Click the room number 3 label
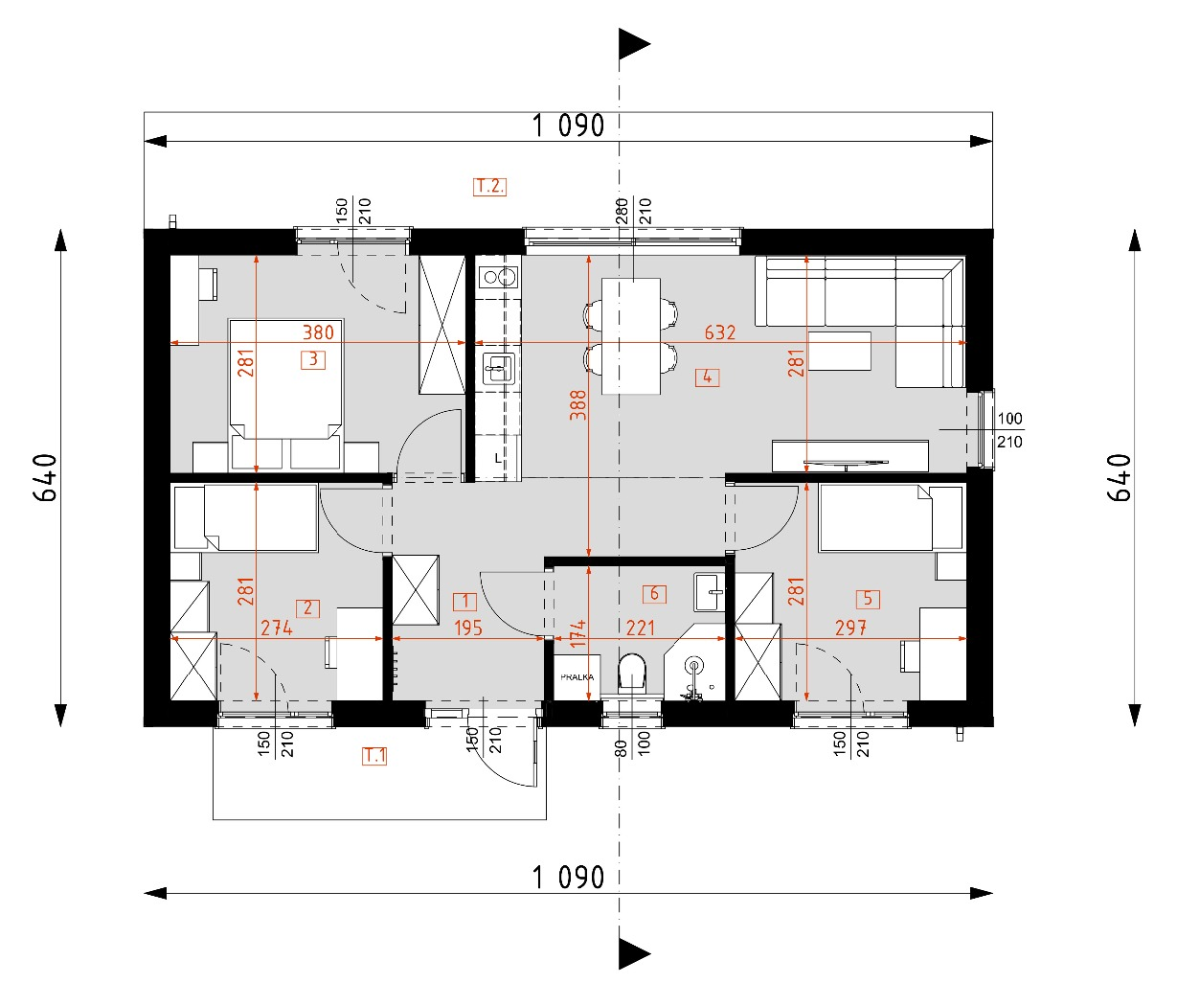[x=312, y=360]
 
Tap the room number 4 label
[x=707, y=377]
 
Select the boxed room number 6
[x=655, y=594]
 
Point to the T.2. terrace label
[x=489, y=186]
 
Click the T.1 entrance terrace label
[x=374, y=756]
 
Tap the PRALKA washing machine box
[x=577, y=677]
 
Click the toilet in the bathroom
[x=633, y=673]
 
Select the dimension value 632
[x=719, y=332]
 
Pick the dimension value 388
[x=577, y=406]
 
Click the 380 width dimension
[x=318, y=332]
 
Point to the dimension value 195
[x=467, y=629]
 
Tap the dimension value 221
[x=640, y=629]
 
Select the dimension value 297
[x=850, y=629]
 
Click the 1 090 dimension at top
[x=568, y=126]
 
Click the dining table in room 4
[x=631, y=335]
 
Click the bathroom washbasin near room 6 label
[x=710, y=591]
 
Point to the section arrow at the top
[x=633, y=44]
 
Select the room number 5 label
[x=868, y=599]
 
